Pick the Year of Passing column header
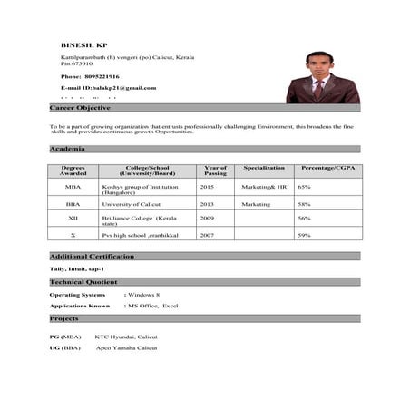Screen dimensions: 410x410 tap(215, 170)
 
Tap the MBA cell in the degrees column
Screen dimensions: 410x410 tap(73, 186)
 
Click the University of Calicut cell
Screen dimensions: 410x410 tap(132, 204)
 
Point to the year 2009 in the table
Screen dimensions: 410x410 tap(207, 218)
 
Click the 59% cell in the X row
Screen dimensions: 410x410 tap(304, 235)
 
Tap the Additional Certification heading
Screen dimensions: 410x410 tap(92, 257)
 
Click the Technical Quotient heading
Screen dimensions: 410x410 tap(84, 282)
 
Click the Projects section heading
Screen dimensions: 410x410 tap(64, 319)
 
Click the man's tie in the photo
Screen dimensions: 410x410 tap(318, 89)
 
